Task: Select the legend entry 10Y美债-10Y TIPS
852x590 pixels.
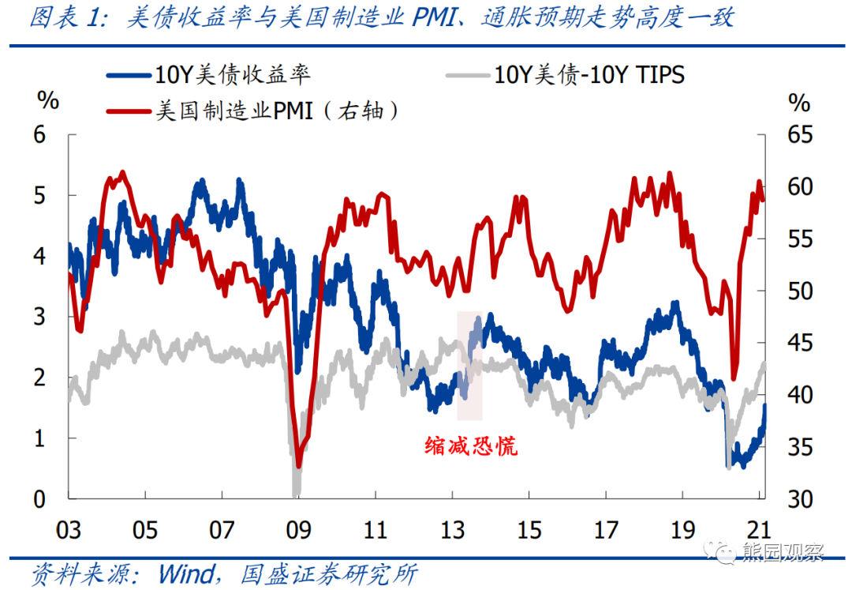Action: pos(589,74)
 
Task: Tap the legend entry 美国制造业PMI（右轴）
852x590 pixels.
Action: pos(276,111)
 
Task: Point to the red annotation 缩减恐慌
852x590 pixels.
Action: pos(471,446)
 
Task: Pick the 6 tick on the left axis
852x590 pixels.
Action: pos(40,134)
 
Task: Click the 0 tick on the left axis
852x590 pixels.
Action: pos(40,499)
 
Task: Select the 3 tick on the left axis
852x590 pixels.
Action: pos(40,317)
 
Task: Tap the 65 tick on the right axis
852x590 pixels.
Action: pos(798,134)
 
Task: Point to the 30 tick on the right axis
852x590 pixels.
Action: pos(798,499)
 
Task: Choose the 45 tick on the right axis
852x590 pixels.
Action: pos(798,343)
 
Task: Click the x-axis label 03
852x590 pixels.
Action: pos(69,529)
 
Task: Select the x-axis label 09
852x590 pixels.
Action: pos(297,529)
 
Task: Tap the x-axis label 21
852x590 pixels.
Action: pos(759,529)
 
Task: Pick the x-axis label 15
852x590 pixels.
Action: pos(529,529)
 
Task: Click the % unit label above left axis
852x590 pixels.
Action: pos(48,100)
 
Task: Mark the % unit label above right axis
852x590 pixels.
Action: pos(799,103)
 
